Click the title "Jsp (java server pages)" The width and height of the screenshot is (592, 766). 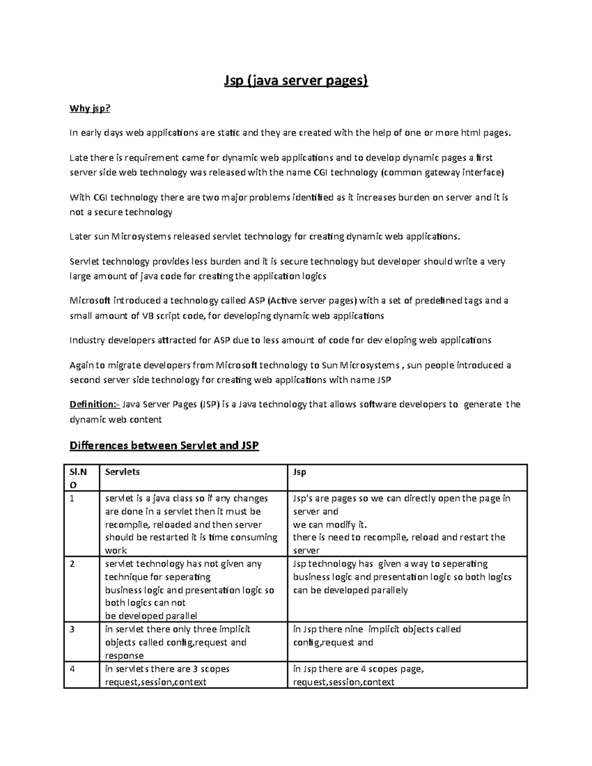[296, 80]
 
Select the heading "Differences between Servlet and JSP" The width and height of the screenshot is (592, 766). [164, 446]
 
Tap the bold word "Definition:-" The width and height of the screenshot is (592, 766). [94, 404]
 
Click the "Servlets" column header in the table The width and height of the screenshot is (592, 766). [122, 472]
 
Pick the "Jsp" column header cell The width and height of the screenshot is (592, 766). [299, 472]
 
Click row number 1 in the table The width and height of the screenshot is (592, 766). [73, 498]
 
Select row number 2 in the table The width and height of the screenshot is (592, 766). [73, 564]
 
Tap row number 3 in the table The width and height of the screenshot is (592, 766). [73, 629]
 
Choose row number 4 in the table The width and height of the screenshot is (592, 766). [73, 669]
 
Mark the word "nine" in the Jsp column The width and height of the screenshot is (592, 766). [353, 629]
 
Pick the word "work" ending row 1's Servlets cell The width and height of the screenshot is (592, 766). [116, 550]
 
